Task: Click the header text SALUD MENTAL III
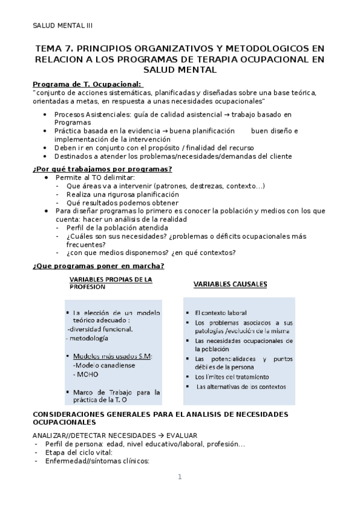[63, 25]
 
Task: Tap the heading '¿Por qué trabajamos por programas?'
[103, 168]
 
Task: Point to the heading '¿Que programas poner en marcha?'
[99, 266]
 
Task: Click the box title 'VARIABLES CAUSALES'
[230, 284]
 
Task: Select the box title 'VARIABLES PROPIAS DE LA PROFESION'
[111, 283]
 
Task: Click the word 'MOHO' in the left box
[87, 374]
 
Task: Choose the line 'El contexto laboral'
[221, 313]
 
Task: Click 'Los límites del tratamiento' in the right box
[231, 376]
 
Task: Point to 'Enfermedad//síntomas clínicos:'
[93, 461]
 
